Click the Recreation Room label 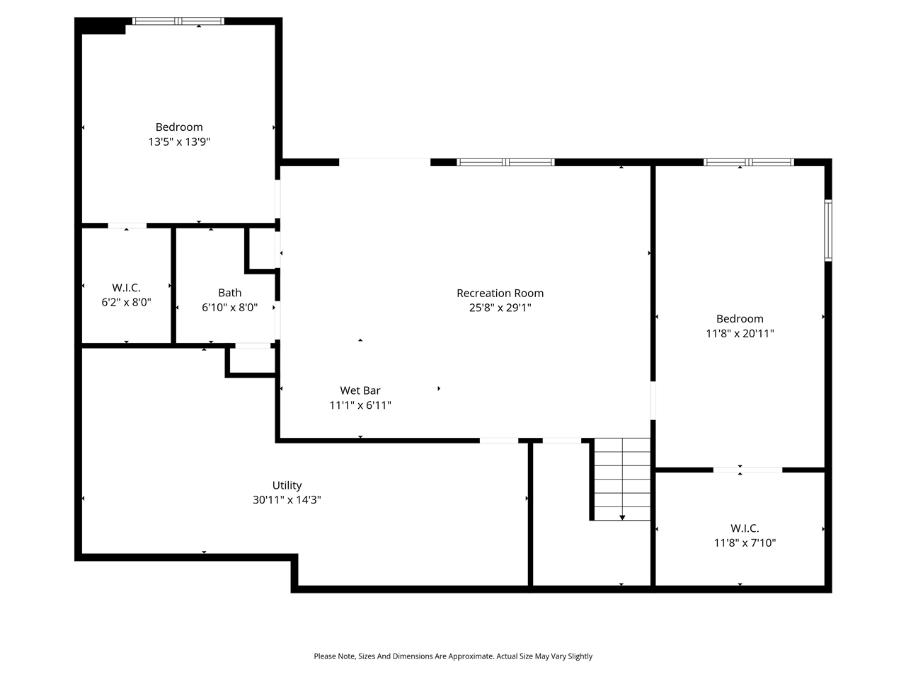tap(500, 293)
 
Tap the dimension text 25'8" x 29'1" tap(500, 308)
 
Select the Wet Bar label tap(360, 390)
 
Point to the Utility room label tap(287, 485)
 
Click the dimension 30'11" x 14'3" tap(287, 500)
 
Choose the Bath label tap(229, 293)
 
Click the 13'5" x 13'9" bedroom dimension tap(179, 141)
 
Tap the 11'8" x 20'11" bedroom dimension tap(740, 333)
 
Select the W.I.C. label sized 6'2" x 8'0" tap(126, 288)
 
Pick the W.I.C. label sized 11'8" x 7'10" tap(745, 528)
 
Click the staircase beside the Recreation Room tap(621, 479)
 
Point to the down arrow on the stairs tap(622, 517)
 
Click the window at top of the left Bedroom tap(178, 21)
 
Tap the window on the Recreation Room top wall tap(505, 163)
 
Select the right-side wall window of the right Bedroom tap(828, 231)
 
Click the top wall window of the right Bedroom tap(748, 163)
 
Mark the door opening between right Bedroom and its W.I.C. tap(747, 470)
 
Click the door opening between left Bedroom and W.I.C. tap(127, 226)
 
